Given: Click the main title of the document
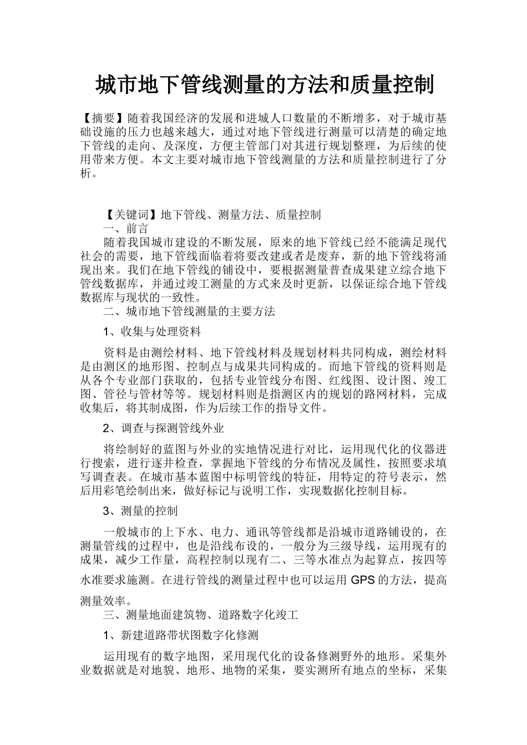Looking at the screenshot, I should point(264,85).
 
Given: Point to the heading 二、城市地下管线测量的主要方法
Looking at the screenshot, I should point(189,311).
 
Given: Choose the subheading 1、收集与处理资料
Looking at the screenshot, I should point(152,331).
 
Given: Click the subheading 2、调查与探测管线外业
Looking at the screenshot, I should point(164,428).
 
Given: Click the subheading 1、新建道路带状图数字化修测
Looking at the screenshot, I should point(180,634).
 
